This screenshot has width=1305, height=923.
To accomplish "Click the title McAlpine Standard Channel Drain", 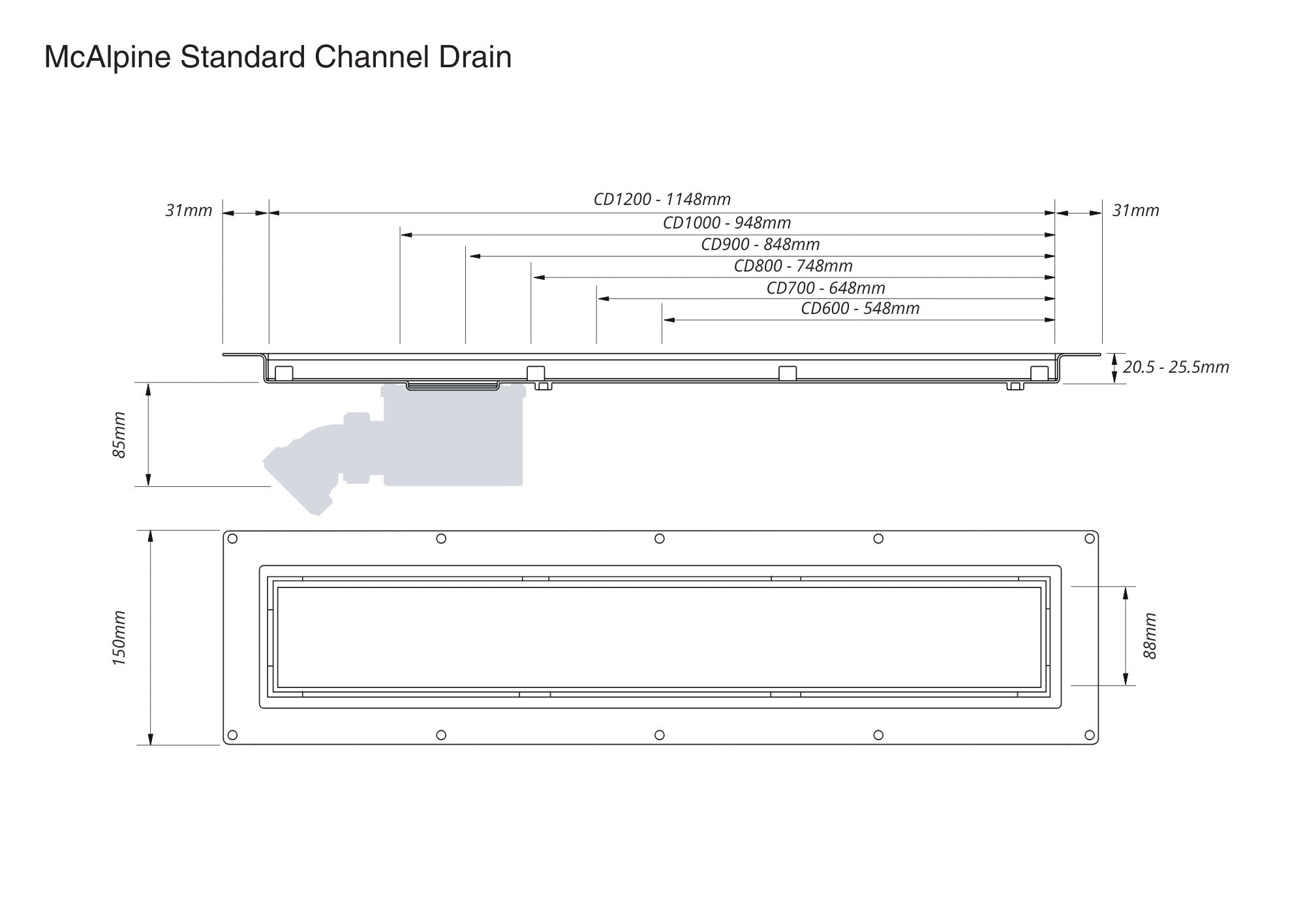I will pyautogui.click(x=277, y=57).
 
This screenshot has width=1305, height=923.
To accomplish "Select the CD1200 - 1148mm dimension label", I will pyautogui.click(x=662, y=199).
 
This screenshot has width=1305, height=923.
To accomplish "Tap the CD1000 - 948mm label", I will pyautogui.click(x=727, y=223).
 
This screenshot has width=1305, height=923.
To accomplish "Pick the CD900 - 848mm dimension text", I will pyautogui.click(x=760, y=244).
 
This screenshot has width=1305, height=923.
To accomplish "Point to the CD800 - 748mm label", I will pyautogui.click(x=793, y=266).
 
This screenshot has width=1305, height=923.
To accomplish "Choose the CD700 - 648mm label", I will pyautogui.click(x=825, y=288).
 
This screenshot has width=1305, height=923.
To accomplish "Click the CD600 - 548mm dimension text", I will pyautogui.click(x=860, y=308).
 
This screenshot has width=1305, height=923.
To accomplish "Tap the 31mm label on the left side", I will pyautogui.click(x=189, y=210).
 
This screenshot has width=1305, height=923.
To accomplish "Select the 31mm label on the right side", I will pyautogui.click(x=1135, y=210).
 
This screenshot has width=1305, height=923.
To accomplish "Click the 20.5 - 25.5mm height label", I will pyautogui.click(x=1176, y=367).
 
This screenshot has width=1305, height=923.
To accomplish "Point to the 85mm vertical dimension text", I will pyautogui.click(x=119, y=435).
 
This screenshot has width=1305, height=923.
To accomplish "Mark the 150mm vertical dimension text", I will pyautogui.click(x=119, y=638).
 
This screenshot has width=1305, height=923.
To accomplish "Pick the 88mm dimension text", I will pyautogui.click(x=1150, y=636).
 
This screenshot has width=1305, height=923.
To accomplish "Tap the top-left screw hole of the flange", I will pyautogui.click(x=232, y=539).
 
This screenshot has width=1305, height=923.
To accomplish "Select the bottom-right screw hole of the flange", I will pyautogui.click(x=1089, y=735).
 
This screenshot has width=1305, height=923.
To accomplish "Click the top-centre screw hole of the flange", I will pyautogui.click(x=659, y=539).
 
